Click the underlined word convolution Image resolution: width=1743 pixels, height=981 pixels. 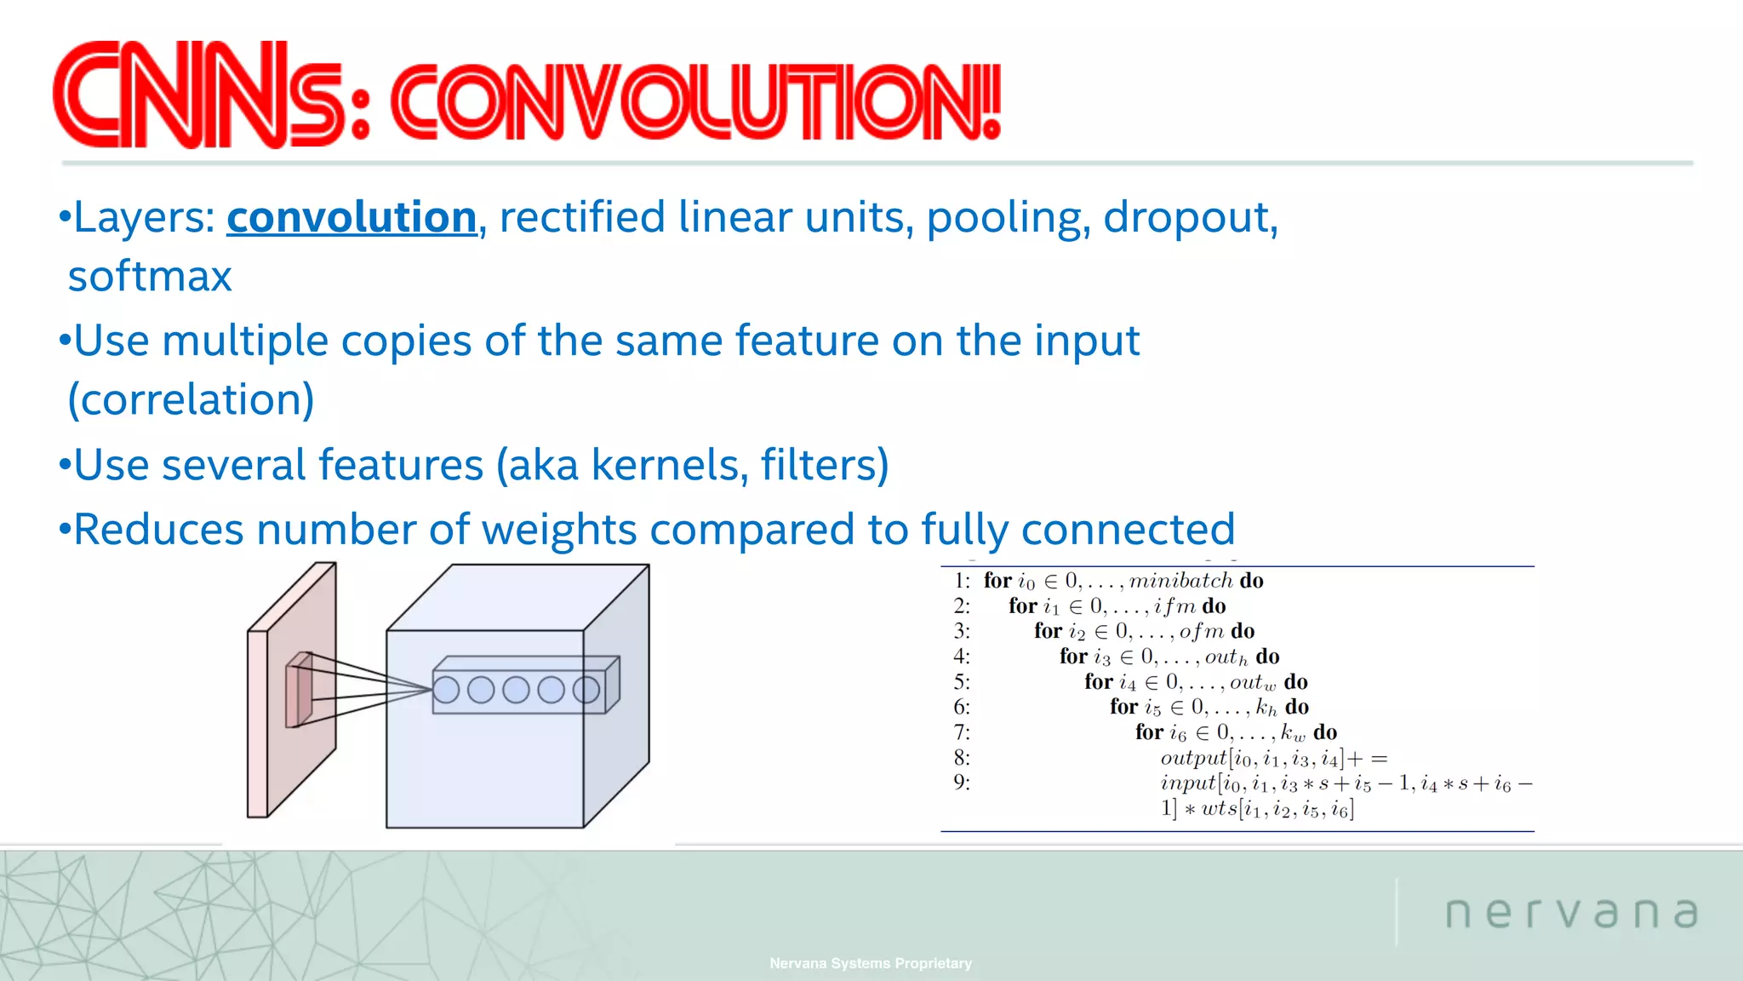tap(351, 218)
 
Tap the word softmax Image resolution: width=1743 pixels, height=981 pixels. tap(150, 277)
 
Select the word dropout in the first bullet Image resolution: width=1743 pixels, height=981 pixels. tap(1189, 218)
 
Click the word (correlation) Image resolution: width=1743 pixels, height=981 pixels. tap(191, 400)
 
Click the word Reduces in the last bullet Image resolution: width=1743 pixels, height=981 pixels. tap(158, 530)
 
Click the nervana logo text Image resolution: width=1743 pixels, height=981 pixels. tap(1571, 913)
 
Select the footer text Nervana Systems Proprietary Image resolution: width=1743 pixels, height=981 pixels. tap(870, 963)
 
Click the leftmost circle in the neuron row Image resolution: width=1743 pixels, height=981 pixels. tap(446, 690)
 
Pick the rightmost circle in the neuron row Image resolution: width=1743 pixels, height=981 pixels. tap(586, 690)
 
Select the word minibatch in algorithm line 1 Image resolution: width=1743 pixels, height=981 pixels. tap(1180, 581)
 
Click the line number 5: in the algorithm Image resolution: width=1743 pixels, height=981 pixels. tap(962, 682)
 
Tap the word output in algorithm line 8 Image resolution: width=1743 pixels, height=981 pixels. tap(1193, 758)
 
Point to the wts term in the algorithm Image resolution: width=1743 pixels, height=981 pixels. tap(1219, 809)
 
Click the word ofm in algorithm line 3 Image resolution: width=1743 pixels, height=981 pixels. tap(1201, 631)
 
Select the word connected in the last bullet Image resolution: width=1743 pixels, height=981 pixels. tap(1128, 530)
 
